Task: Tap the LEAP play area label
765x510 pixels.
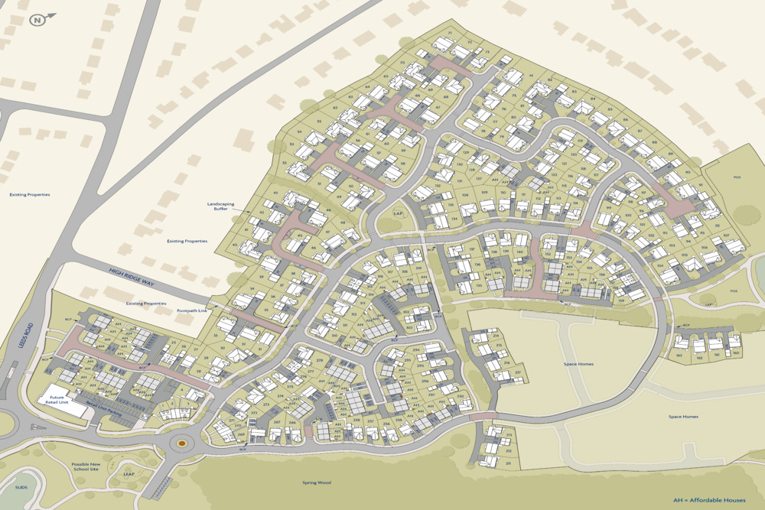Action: point(130,473)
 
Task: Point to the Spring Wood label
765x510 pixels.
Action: point(315,483)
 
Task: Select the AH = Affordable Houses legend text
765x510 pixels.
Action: point(708,500)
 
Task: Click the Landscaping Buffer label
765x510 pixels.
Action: point(220,206)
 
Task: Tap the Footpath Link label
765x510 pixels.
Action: point(192,310)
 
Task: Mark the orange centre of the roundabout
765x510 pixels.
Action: point(182,442)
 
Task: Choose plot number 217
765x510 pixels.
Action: point(518,373)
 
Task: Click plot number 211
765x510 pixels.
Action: point(508,463)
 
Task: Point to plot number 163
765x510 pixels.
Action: point(679,356)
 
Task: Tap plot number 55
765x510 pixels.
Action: point(319,121)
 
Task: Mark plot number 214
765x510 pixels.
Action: point(496,336)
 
